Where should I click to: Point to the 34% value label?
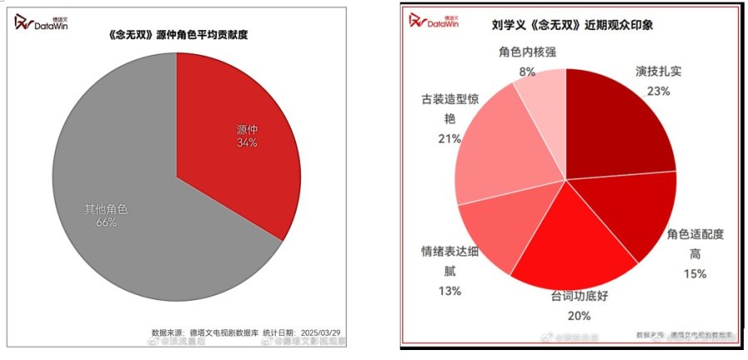[x=247, y=143]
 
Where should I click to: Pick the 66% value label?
[x=106, y=223]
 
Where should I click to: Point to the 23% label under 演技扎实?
[x=658, y=91]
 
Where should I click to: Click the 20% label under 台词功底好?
[x=578, y=315]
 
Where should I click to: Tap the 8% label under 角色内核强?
[x=527, y=72]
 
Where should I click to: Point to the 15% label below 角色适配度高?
[x=695, y=274]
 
